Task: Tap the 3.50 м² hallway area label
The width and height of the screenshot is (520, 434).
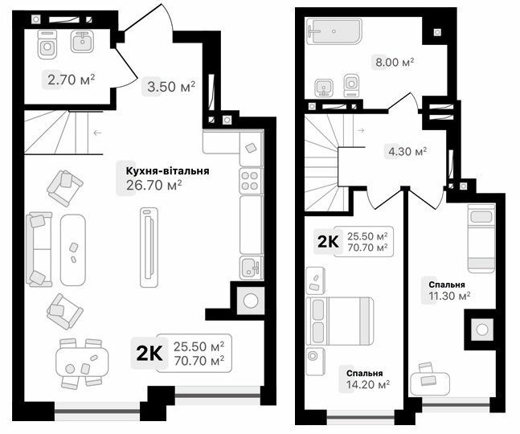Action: point(170,87)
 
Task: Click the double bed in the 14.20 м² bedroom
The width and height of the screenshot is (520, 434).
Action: point(341,321)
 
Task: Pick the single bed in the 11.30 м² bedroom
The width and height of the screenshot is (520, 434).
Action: point(481,237)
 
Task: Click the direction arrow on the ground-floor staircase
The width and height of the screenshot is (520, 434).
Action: point(96,133)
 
